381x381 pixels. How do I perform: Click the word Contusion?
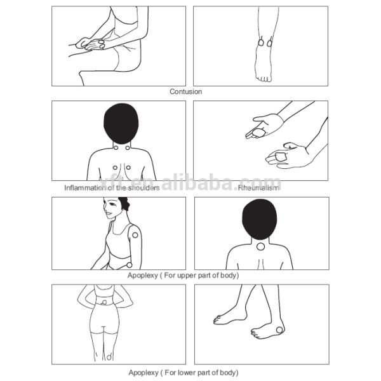(x=185, y=91)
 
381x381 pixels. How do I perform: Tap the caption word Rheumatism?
(x=258, y=188)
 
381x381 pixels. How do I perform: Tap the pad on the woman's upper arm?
(x=135, y=235)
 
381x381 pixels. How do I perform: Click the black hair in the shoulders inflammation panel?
(x=121, y=124)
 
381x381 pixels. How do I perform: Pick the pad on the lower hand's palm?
(x=280, y=156)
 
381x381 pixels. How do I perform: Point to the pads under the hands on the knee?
(x=95, y=44)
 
